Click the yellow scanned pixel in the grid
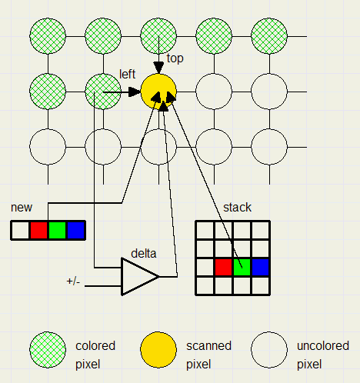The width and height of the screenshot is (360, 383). [x=158, y=92]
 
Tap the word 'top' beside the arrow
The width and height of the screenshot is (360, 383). [x=175, y=58]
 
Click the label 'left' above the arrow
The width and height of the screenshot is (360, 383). [x=127, y=74]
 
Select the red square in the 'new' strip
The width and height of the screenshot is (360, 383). [x=38, y=230]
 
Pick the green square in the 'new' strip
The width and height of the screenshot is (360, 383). [x=57, y=230]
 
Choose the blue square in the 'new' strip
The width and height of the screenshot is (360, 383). [x=75, y=230]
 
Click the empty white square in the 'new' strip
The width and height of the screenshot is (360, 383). [x=20, y=230]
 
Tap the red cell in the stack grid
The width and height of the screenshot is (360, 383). [x=223, y=267]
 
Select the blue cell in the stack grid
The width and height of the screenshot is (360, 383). [x=260, y=267]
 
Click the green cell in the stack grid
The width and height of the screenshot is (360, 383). [x=242, y=267]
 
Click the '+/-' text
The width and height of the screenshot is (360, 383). [x=73, y=281]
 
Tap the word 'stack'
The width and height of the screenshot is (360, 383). [x=237, y=208]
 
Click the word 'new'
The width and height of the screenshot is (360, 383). [x=22, y=208]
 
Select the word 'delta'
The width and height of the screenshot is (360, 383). [x=144, y=254]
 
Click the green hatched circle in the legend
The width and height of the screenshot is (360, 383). [x=48, y=350]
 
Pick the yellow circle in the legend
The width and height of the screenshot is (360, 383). [x=158, y=350]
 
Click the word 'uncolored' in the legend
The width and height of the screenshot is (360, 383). [x=323, y=346]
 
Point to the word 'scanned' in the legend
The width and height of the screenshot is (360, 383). [x=208, y=346]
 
